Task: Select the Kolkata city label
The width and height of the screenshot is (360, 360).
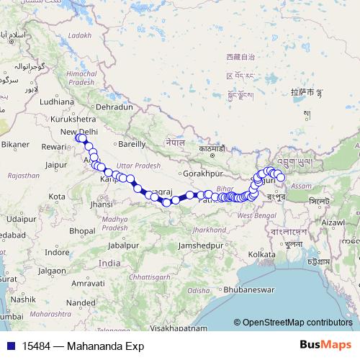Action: tap(261, 254)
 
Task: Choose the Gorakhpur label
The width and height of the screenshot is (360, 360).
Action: tap(200, 174)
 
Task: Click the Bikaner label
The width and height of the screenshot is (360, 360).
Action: tap(14, 144)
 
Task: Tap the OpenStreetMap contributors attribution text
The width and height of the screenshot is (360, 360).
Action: tap(297, 323)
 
